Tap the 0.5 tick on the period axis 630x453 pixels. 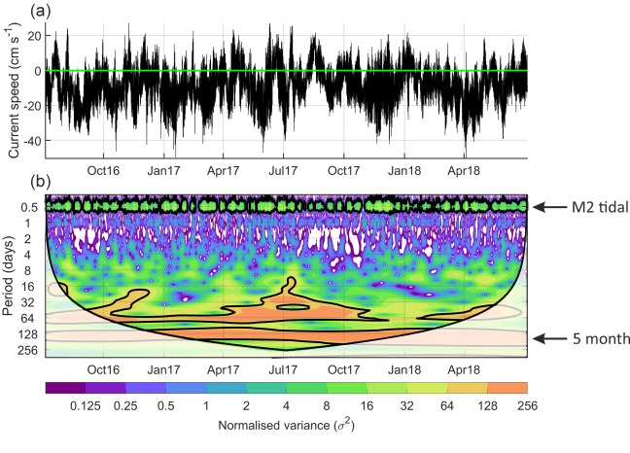pyautogui.click(x=28, y=207)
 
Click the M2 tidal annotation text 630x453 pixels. pyautogui.click(x=595, y=206)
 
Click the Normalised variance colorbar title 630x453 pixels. pyautogui.click(x=285, y=426)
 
